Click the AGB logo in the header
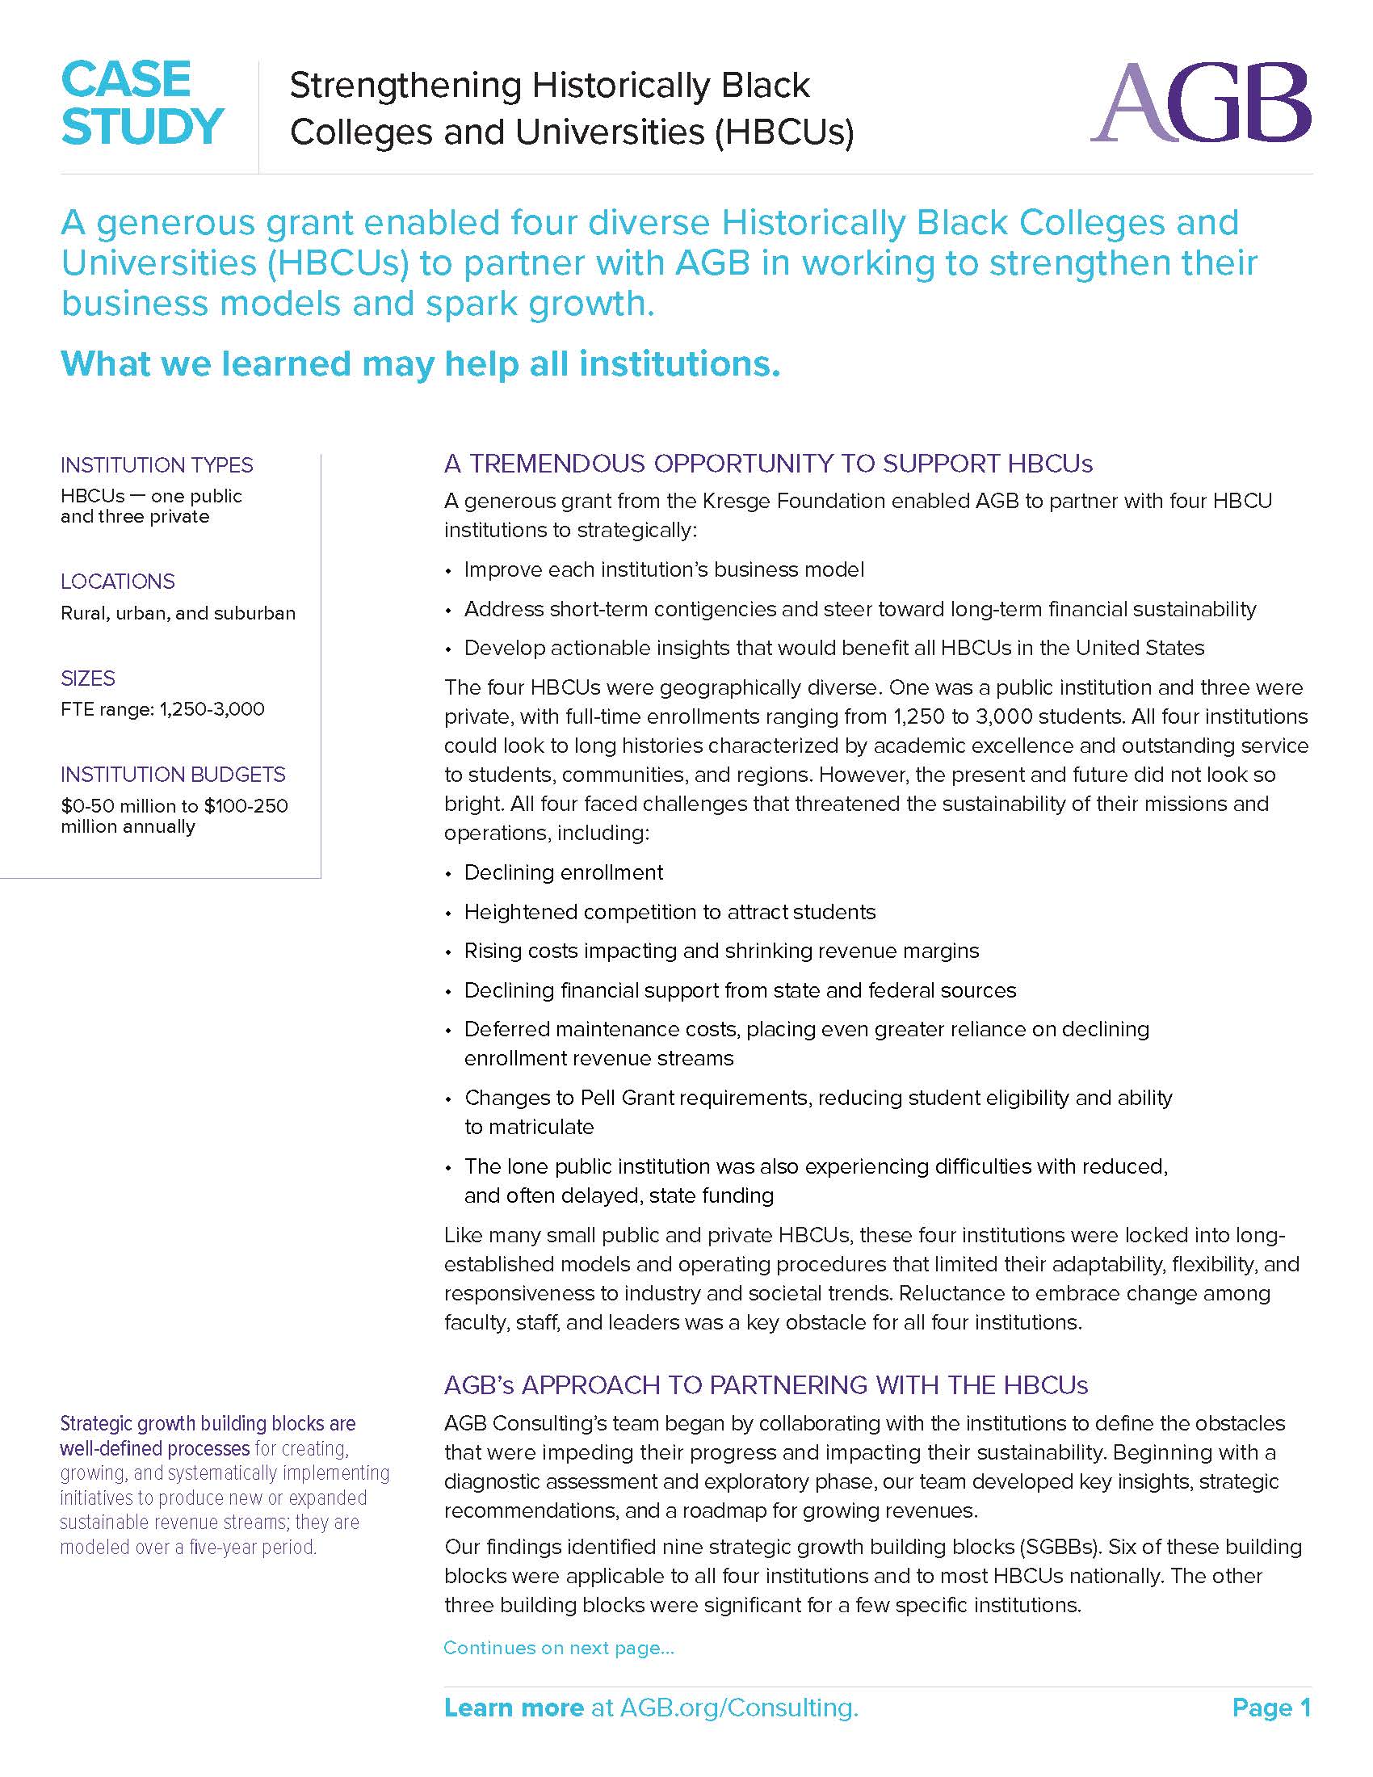click(x=1199, y=103)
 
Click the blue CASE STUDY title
click(x=141, y=103)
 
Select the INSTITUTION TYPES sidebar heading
click(x=157, y=465)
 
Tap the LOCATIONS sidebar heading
click(x=118, y=582)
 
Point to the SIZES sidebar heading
click(x=88, y=678)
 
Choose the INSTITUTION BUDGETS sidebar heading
click(x=174, y=775)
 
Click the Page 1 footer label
click(x=1270, y=1708)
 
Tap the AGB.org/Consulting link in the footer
click(x=738, y=1708)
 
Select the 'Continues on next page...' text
click(x=559, y=1648)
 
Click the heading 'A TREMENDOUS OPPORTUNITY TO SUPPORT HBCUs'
click(x=768, y=464)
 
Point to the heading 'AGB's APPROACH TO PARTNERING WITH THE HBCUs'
click(x=766, y=1385)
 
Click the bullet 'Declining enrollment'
click(x=564, y=873)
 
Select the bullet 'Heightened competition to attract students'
click(x=670, y=912)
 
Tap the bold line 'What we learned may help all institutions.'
click(x=421, y=363)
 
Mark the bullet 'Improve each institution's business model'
click(x=664, y=569)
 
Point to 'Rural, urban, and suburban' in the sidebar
click(x=178, y=614)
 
